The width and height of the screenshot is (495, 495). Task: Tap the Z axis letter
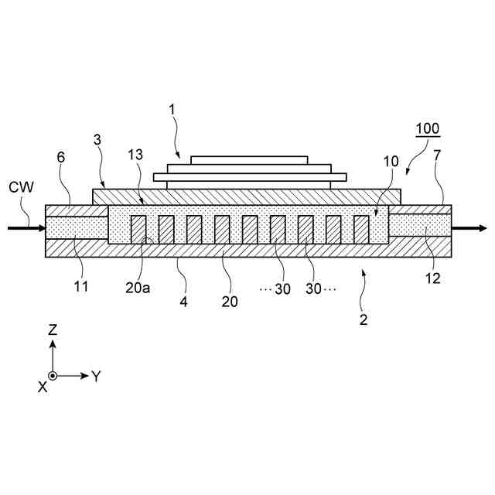(53, 329)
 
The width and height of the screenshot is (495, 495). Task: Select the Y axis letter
(96, 377)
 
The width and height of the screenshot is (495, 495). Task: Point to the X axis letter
(42, 386)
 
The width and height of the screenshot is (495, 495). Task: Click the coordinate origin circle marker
(53, 376)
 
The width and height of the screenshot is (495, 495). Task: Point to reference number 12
(433, 278)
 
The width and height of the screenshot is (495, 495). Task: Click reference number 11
(81, 286)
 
